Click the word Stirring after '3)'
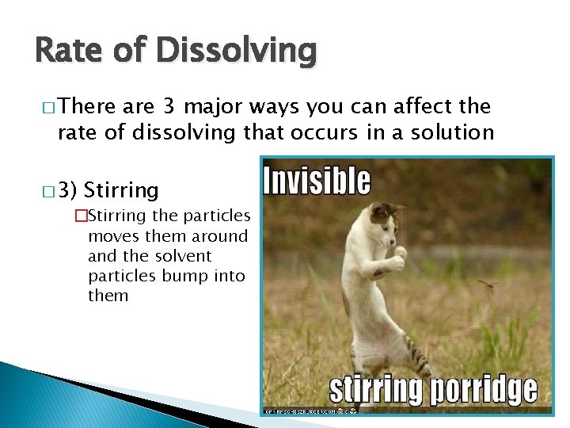click(121, 190)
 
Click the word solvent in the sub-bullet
click(183, 256)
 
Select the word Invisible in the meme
click(317, 182)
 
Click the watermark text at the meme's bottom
click(309, 411)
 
